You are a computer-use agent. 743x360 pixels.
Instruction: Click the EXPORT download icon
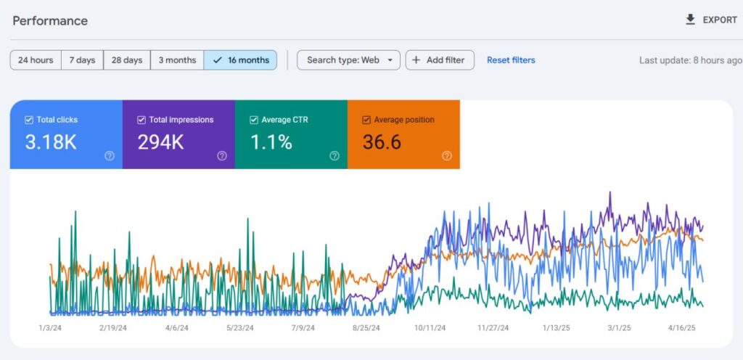[691, 20]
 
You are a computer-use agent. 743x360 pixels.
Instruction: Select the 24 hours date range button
[36, 60]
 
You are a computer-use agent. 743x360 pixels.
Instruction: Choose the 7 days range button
[83, 60]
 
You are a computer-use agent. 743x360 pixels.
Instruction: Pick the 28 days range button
[127, 60]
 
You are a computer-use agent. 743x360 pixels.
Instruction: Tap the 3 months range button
[177, 60]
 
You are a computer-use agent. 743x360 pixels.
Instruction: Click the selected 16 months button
[241, 60]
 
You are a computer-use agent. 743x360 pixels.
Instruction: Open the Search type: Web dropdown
[349, 60]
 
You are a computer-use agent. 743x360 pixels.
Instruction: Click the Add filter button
[440, 60]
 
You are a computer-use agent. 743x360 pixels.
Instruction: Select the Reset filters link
[511, 60]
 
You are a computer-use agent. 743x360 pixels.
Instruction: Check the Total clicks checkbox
[29, 120]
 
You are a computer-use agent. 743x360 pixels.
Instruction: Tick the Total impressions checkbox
[141, 120]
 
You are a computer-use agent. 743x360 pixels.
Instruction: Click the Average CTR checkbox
[254, 120]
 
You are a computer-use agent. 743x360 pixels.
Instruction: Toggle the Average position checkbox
[366, 120]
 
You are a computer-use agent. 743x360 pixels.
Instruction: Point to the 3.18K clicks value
[51, 142]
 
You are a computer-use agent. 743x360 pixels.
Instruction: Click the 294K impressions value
[160, 142]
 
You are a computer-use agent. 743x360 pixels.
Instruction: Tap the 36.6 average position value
[382, 142]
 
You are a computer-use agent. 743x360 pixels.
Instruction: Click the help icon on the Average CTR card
[334, 156]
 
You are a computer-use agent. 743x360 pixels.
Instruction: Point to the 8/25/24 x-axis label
[366, 328]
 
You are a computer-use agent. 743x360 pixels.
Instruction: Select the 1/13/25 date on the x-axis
[557, 328]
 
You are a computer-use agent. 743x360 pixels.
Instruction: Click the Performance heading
[50, 21]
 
